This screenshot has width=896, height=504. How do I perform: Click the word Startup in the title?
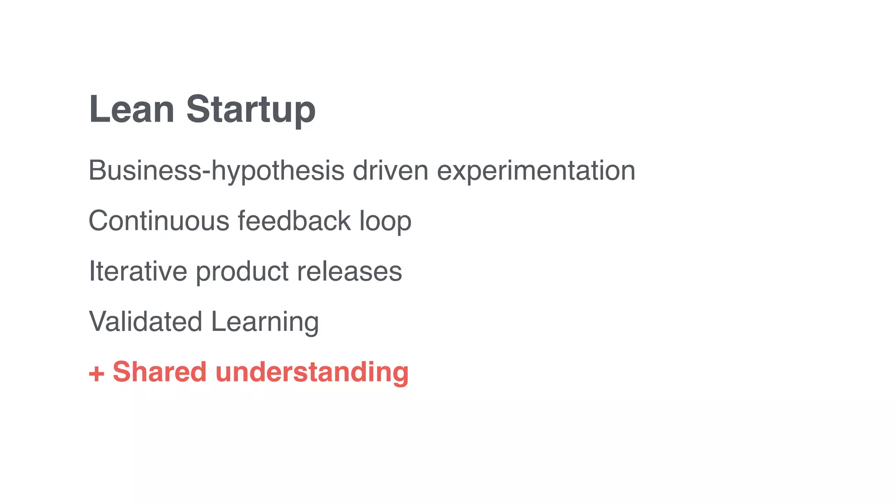(x=251, y=110)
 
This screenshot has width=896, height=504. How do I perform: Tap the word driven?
(x=390, y=170)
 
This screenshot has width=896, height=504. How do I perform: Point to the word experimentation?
(x=536, y=171)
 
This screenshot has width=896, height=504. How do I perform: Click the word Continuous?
(x=159, y=220)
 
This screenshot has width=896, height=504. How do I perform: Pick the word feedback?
(x=294, y=220)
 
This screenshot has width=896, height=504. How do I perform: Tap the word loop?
(x=385, y=221)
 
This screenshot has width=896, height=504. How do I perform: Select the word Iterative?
(x=138, y=271)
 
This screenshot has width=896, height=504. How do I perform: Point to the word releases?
(x=349, y=271)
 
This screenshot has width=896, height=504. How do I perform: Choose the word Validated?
(x=145, y=322)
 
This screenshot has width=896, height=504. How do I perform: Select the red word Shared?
(x=160, y=372)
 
